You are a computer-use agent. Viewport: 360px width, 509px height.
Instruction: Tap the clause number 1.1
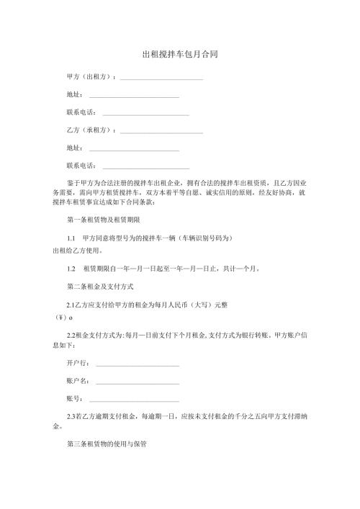pos(71,237)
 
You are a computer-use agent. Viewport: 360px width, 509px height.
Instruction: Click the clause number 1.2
pos(71,269)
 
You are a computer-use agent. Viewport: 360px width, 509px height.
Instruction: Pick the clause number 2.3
pos(71,416)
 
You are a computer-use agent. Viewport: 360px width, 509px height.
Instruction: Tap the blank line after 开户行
pos(137,364)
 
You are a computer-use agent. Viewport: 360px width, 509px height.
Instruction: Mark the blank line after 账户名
pos(137,382)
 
